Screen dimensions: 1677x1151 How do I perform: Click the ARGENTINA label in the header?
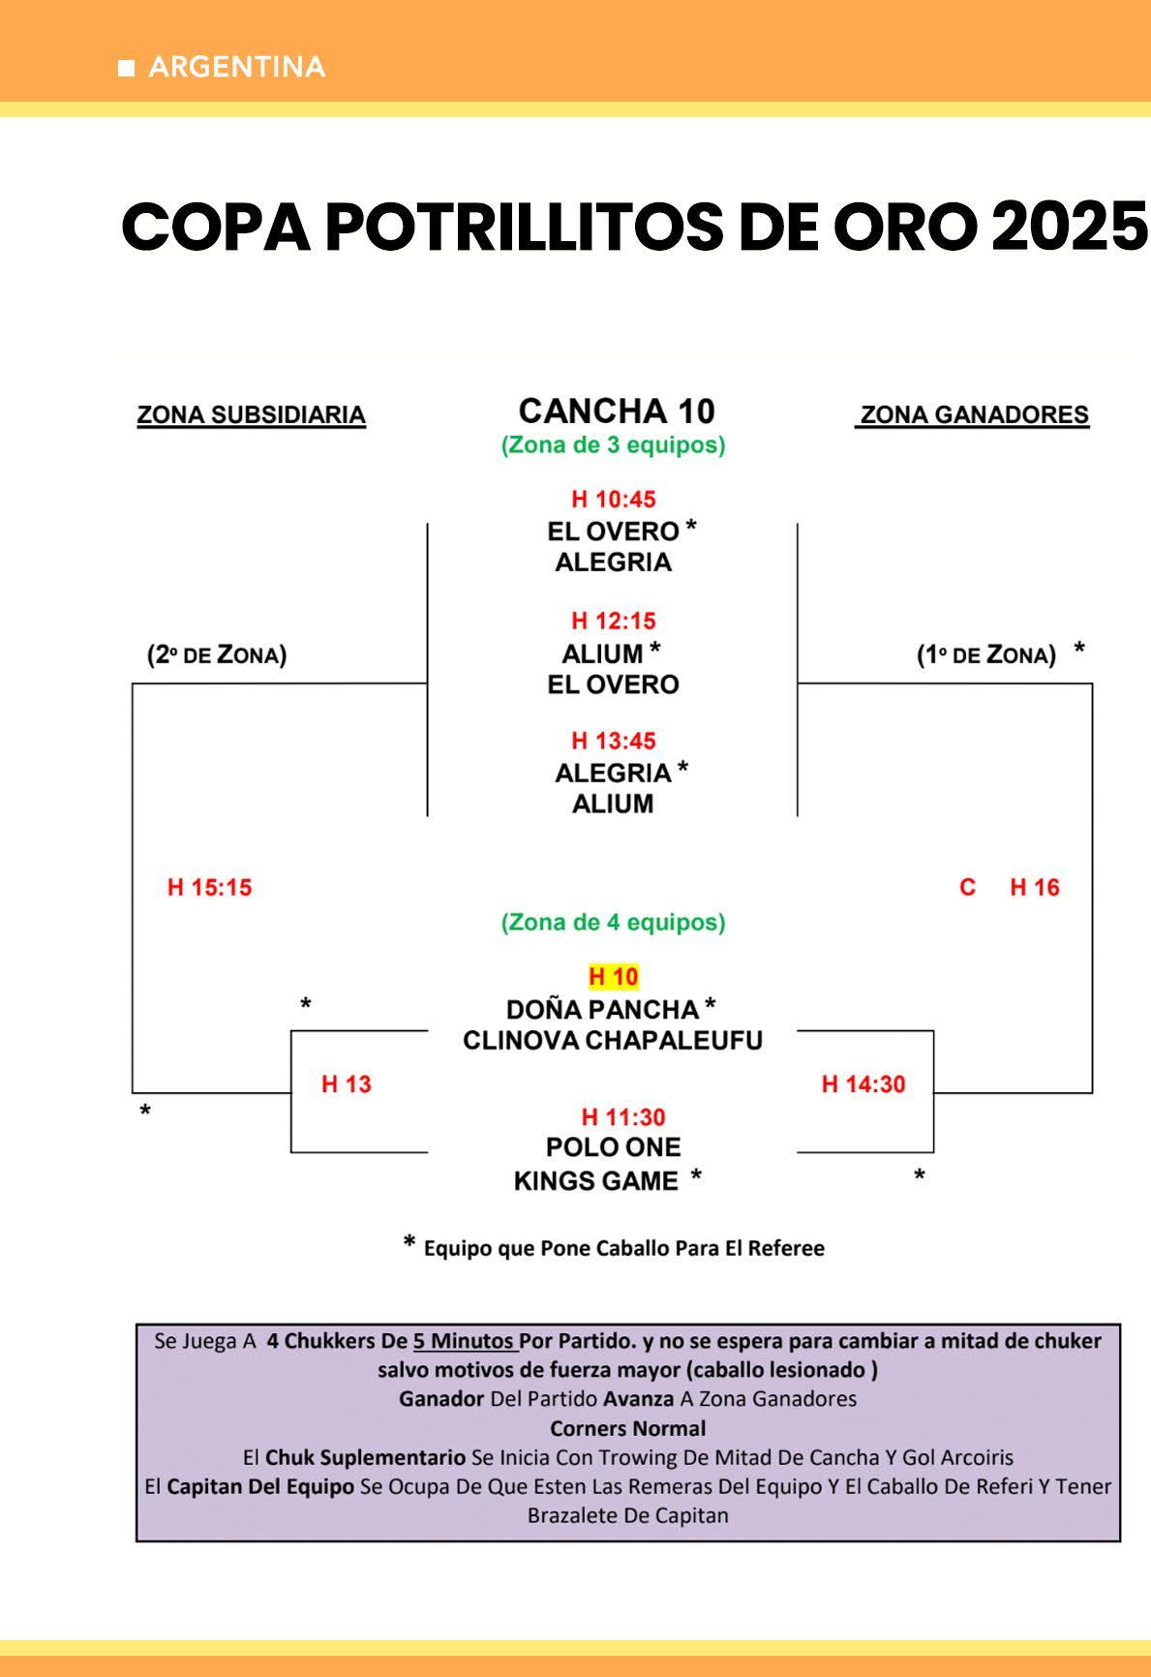pos(236,67)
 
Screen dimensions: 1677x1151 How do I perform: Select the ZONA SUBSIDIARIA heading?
pos(251,415)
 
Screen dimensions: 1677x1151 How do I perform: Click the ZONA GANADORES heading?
pos(974,415)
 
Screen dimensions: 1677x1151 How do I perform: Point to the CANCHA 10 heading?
pos(617,412)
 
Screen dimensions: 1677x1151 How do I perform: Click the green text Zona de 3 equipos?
pos(613,445)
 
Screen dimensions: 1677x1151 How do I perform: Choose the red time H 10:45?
pos(613,500)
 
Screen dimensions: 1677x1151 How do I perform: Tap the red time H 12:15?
pos(613,621)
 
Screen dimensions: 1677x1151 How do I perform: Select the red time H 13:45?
pos(613,741)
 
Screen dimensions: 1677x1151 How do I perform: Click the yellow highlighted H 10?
pos(614,977)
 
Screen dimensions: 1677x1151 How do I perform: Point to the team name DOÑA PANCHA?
pos(602,1010)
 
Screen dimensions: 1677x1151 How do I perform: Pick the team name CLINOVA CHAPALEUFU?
pos(613,1041)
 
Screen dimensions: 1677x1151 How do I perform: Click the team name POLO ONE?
pos(613,1147)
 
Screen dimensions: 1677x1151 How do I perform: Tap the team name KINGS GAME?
pos(595,1181)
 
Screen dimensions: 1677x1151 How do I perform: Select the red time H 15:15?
pos(209,888)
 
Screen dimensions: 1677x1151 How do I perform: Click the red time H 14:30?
pos(863,1084)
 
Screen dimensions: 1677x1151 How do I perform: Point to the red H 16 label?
pos(1034,888)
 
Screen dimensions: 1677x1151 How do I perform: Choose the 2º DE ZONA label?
pos(217,656)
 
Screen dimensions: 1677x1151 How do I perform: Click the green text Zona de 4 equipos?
pos(613,923)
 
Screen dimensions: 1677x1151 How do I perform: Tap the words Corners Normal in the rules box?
pos(627,1428)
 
